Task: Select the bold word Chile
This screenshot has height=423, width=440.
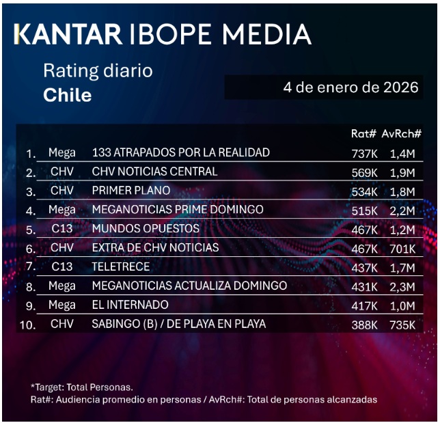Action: [67, 95]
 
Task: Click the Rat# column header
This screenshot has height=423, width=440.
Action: [364, 135]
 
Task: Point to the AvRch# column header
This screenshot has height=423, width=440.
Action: [402, 135]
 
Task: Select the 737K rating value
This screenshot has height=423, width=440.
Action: [364, 152]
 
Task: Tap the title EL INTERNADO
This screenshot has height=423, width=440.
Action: [130, 304]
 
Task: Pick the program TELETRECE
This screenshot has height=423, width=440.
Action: [121, 266]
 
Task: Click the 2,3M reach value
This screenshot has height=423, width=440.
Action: [402, 286]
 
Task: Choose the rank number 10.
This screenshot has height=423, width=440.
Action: [27, 325]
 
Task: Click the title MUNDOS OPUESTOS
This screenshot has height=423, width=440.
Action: [146, 228]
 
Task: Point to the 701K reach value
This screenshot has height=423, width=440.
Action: [402, 247]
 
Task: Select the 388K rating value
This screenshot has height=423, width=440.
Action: [364, 324]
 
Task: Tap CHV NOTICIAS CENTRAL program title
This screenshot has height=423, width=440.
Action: [154, 171]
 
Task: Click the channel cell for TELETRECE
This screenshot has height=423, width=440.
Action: [61, 266]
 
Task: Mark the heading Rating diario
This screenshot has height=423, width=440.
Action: [98, 70]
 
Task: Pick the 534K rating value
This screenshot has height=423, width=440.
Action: [364, 191]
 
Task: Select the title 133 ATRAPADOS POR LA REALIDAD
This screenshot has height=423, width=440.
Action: [180, 152]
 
